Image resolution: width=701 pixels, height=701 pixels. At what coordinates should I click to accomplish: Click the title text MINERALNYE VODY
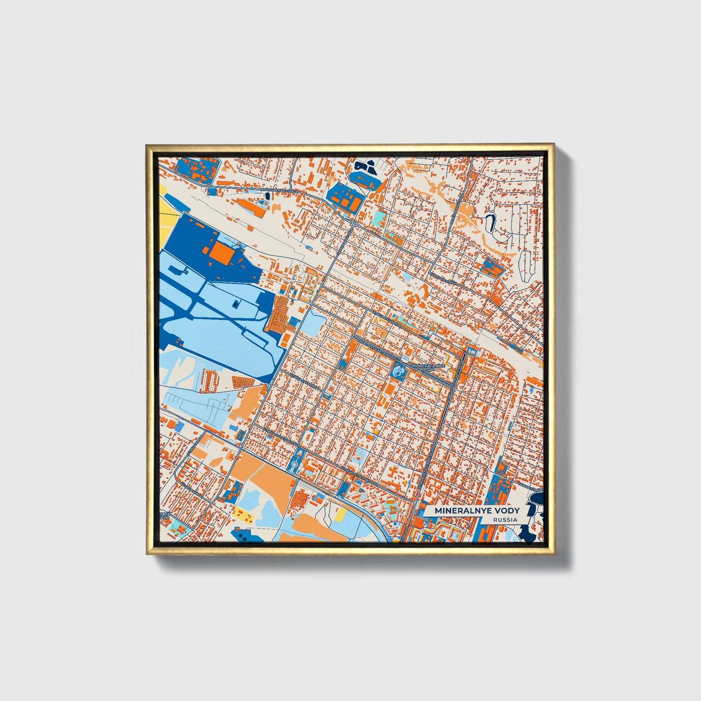(x=477, y=510)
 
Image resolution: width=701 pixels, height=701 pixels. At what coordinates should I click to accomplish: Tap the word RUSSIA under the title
(x=505, y=520)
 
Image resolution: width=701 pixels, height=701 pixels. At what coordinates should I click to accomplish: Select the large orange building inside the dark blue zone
(x=220, y=252)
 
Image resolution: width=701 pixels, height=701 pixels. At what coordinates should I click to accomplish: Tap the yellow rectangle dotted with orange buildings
(x=242, y=515)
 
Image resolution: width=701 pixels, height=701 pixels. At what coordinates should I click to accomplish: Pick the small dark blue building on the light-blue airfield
(x=235, y=304)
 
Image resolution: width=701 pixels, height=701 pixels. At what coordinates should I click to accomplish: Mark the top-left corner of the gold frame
(x=147, y=145)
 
